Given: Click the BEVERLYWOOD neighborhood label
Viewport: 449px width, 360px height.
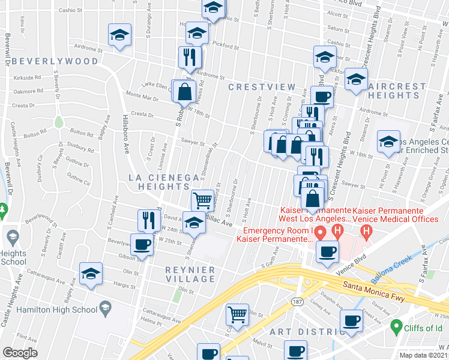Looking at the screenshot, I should (x=54, y=61).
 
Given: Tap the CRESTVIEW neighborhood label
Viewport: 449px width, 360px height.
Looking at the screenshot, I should (x=262, y=87).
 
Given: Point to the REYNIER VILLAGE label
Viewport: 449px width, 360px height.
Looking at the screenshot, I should (x=190, y=275).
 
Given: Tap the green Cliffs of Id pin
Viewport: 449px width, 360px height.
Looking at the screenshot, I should (x=396, y=326).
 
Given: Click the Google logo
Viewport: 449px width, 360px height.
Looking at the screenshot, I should (x=20, y=353).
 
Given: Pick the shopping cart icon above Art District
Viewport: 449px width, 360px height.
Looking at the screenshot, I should (x=238, y=314).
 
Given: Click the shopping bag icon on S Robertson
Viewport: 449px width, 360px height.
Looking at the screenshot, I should (x=185, y=92).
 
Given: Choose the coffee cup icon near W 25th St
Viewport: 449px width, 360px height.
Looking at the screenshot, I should (x=142, y=245).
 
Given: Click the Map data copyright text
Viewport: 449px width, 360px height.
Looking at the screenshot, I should (x=423, y=355).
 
